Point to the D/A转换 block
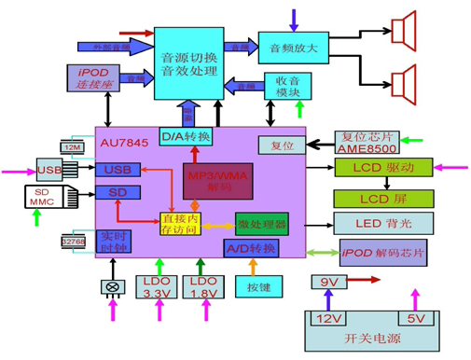pyautogui.click(x=186, y=137)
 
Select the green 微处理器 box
pyautogui.click(x=261, y=225)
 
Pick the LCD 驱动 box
pyautogui.click(x=382, y=168)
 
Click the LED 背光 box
pyautogui.click(x=382, y=224)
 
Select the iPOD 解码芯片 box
pyautogui.click(x=382, y=254)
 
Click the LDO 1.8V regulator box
pyautogui.click(x=202, y=287)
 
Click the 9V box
pyautogui.click(x=328, y=284)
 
